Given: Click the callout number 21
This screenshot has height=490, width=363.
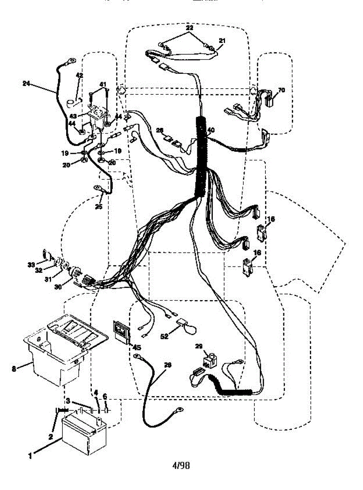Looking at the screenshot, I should click(222, 41).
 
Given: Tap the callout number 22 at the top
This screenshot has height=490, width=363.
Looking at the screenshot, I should click(189, 28).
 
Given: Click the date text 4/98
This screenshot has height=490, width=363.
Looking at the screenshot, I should click(181, 465).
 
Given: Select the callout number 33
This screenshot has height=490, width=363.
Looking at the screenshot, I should click(31, 265).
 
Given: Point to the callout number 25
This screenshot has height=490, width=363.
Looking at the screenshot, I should click(98, 207).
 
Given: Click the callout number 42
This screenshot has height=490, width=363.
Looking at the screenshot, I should click(80, 76).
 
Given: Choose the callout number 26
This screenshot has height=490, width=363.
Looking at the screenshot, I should click(160, 131).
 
